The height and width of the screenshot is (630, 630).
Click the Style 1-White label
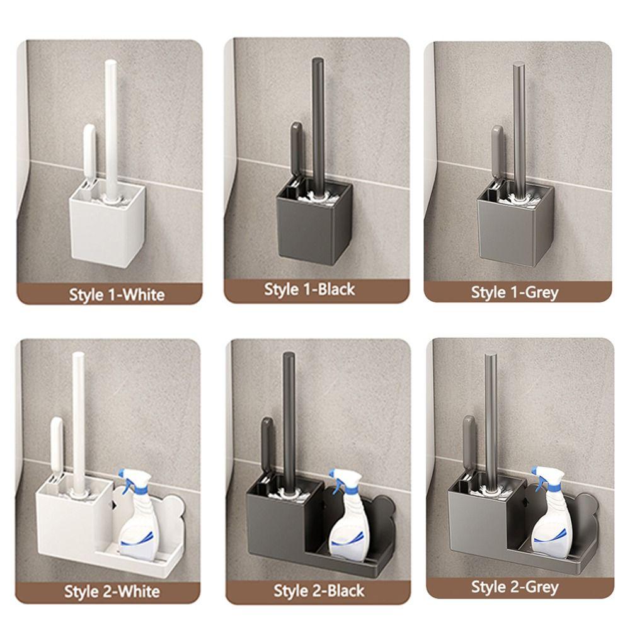pos(117,294)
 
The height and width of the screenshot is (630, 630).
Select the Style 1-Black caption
pos(309,290)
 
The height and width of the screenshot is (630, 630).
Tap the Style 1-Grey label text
pos(515,292)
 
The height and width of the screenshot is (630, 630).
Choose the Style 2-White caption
pos(112,592)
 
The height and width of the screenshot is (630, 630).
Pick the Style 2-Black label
pos(319,590)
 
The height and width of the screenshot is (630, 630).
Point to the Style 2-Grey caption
pos(515,587)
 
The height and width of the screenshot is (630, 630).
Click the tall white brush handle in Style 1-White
pos(111,126)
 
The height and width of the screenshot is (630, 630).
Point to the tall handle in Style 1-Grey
pos(519,126)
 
